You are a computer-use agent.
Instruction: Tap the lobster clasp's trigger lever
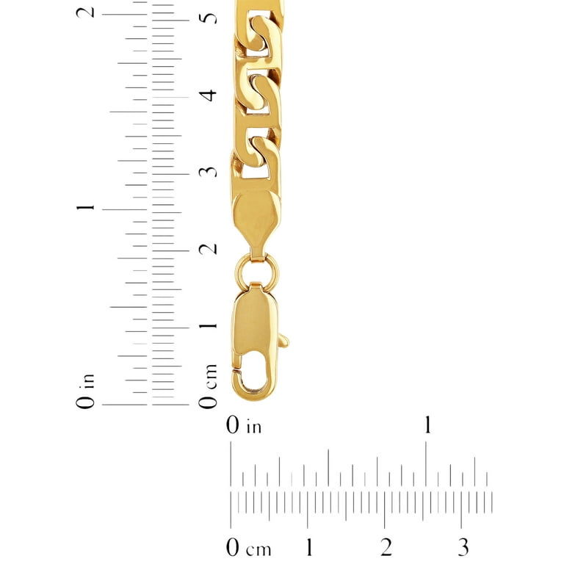[x=283, y=340]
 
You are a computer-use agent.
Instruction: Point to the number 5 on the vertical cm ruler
[x=209, y=18]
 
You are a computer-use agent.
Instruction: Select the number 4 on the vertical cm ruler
[x=209, y=95]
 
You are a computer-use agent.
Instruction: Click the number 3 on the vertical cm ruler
[x=209, y=172]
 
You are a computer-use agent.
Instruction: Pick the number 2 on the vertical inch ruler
[x=86, y=12]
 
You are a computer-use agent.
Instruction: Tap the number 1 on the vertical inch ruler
[x=86, y=208]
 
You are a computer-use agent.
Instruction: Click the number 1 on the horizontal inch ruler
[x=427, y=424]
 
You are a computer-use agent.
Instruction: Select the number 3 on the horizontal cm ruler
[x=463, y=547]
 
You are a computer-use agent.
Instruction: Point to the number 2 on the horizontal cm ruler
[x=386, y=547]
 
